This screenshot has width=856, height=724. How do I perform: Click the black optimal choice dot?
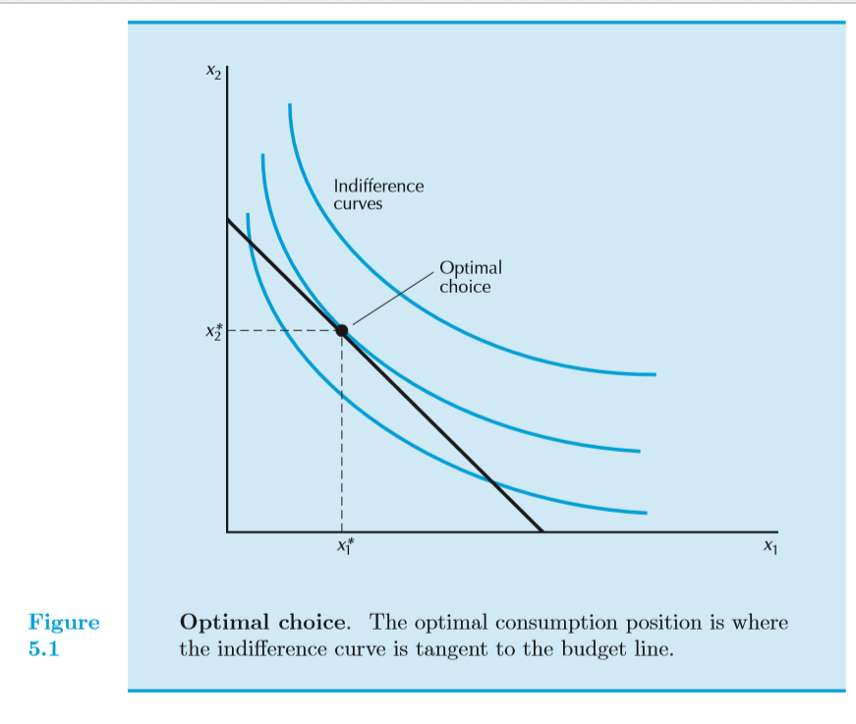coord(342,331)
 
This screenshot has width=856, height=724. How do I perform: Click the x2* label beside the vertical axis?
coord(212,332)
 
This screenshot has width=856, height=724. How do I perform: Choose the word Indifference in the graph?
coord(378,186)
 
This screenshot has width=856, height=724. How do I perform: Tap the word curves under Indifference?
coord(358,204)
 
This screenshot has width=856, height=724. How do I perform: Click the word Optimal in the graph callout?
coord(470,267)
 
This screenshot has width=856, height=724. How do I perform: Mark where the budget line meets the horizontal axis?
coord(542,531)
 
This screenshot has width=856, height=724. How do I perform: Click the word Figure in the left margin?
coord(64,622)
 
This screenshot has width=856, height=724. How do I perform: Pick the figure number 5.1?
coord(44,648)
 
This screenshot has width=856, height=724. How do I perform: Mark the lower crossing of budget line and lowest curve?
coord(490,481)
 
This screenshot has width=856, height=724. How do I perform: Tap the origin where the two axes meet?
coord(227,531)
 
